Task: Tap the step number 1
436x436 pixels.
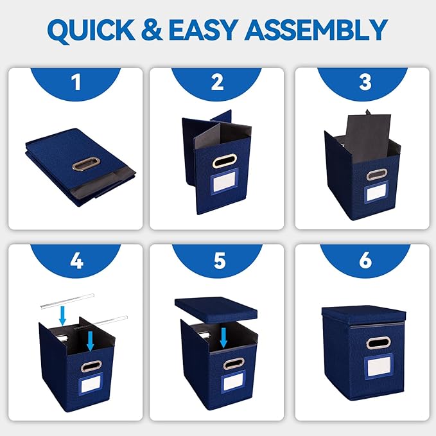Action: (x=75, y=82)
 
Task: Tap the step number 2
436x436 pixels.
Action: (x=217, y=82)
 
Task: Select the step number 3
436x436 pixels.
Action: (x=365, y=82)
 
